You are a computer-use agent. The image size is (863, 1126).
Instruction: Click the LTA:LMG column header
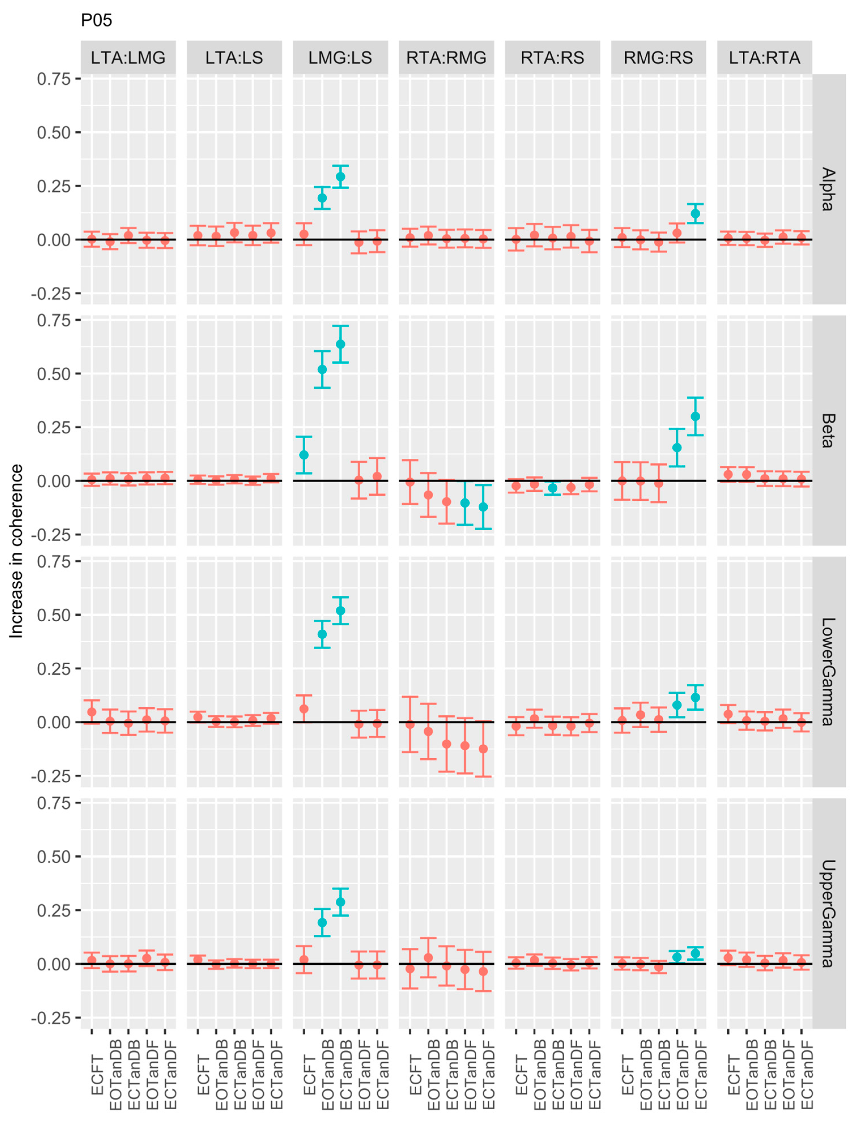pyautogui.click(x=128, y=57)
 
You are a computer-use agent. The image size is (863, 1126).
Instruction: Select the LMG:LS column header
pyautogui.click(x=340, y=57)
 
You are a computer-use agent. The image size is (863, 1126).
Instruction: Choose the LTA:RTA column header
pyautogui.click(x=764, y=57)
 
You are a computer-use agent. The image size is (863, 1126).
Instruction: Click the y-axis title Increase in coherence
pyautogui.click(x=16, y=551)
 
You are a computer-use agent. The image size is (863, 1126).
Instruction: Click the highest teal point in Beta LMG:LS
pyautogui.click(x=340, y=344)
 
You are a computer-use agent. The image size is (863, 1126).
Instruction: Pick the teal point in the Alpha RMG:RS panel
pyautogui.click(x=695, y=214)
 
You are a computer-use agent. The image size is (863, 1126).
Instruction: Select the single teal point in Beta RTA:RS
pyautogui.click(x=553, y=488)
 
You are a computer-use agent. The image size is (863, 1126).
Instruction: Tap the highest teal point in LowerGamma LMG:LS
pyautogui.click(x=340, y=611)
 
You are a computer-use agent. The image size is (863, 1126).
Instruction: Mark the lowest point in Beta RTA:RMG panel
pyautogui.click(x=483, y=507)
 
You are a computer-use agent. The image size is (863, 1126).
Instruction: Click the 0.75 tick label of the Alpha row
pyautogui.click(x=54, y=79)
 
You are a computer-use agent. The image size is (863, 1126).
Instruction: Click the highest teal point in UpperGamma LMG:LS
pyautogui.click(x=340, y=902)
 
